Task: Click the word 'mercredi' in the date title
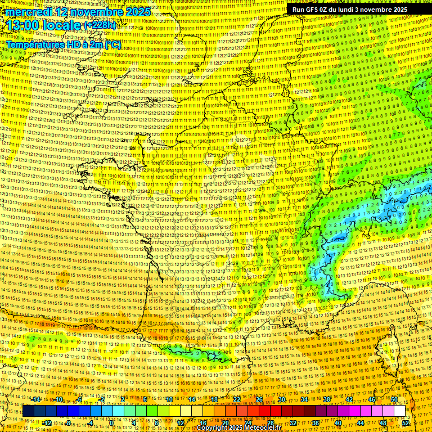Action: click(31, 12)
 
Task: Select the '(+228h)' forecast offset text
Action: click(100, 26)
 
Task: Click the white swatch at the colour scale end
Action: click(400, 411)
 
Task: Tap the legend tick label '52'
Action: click(406, 423)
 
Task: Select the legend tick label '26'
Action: click(259, 399)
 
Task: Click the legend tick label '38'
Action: click(327, 399)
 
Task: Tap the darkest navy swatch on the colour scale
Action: click(29, 411)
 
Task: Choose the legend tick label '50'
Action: click(394, 399)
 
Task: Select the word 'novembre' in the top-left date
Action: click(95, 12)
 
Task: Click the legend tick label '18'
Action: click(214, 399)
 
